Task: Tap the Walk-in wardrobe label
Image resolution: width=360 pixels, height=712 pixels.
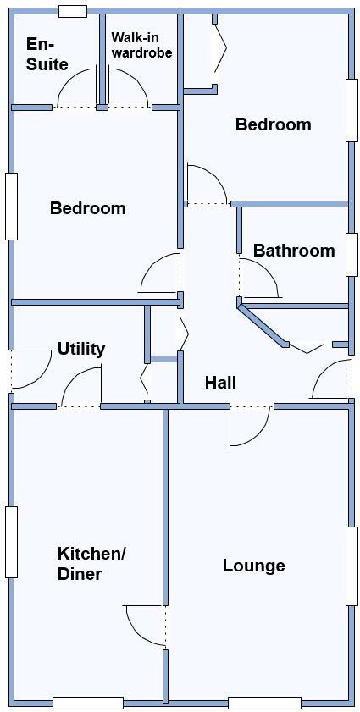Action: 141,45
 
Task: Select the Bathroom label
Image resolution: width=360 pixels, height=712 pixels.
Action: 293,251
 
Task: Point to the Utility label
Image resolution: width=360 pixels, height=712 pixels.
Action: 81,349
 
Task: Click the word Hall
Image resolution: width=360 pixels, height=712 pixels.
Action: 220,383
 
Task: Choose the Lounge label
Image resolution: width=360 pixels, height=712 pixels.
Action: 253,566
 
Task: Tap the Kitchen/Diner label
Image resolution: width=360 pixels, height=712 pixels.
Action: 91,564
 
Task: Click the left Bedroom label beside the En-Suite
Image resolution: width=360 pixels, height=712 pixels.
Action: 87,208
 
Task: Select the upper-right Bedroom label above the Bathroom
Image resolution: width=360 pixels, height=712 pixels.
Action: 273,124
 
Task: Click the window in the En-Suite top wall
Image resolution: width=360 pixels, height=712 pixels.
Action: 73,11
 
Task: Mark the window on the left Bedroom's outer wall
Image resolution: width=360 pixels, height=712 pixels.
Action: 11,207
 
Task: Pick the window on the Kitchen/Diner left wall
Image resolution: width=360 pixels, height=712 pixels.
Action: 11,542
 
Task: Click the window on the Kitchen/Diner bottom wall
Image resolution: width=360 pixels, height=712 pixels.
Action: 88,702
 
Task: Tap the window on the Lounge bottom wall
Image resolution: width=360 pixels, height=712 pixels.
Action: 264,702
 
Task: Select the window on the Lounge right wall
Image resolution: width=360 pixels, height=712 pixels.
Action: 352,566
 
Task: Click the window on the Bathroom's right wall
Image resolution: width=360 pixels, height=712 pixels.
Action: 352,254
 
